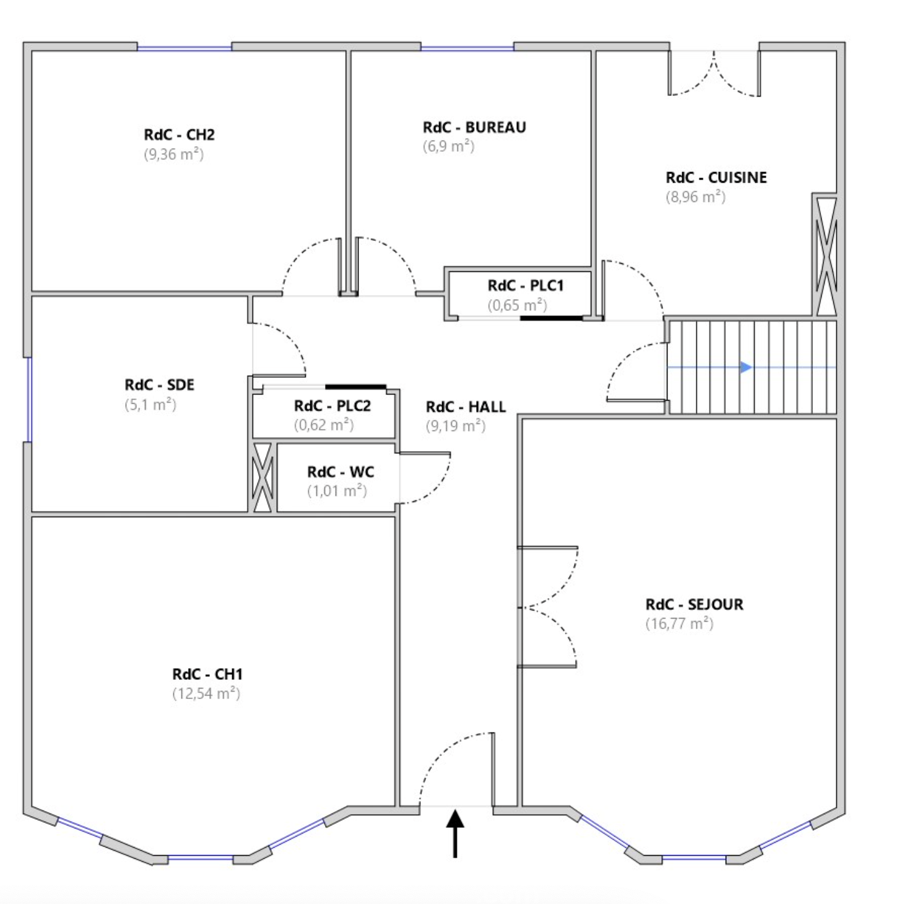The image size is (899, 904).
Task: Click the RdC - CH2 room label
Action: point(179,134)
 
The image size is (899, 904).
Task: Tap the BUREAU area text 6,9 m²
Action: point(448,146)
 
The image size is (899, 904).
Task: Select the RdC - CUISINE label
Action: point(716,177)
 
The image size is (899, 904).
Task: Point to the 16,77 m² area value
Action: point(679,624)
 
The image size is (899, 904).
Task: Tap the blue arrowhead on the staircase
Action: point(745,367)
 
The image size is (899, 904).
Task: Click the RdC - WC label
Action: point(340,471)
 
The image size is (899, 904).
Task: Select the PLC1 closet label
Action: point(525,285)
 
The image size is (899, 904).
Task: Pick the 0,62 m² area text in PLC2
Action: point(324,425)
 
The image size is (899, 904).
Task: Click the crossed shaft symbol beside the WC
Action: point(263,477)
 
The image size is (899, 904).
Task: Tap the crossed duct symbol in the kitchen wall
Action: point(827,256)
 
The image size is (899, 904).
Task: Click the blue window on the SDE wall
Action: point(28,400)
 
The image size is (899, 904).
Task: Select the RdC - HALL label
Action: point(466,407)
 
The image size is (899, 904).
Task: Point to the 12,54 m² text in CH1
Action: point(206,693)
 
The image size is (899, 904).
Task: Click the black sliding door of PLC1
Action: point(551,318)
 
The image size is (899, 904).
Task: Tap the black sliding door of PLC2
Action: point(355,386)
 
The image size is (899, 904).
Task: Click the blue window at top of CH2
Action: point(185,48)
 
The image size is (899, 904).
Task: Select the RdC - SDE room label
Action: point(159,385)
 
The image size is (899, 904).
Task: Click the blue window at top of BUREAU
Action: point(467,48)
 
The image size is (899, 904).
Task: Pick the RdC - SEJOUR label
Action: point(694,604)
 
